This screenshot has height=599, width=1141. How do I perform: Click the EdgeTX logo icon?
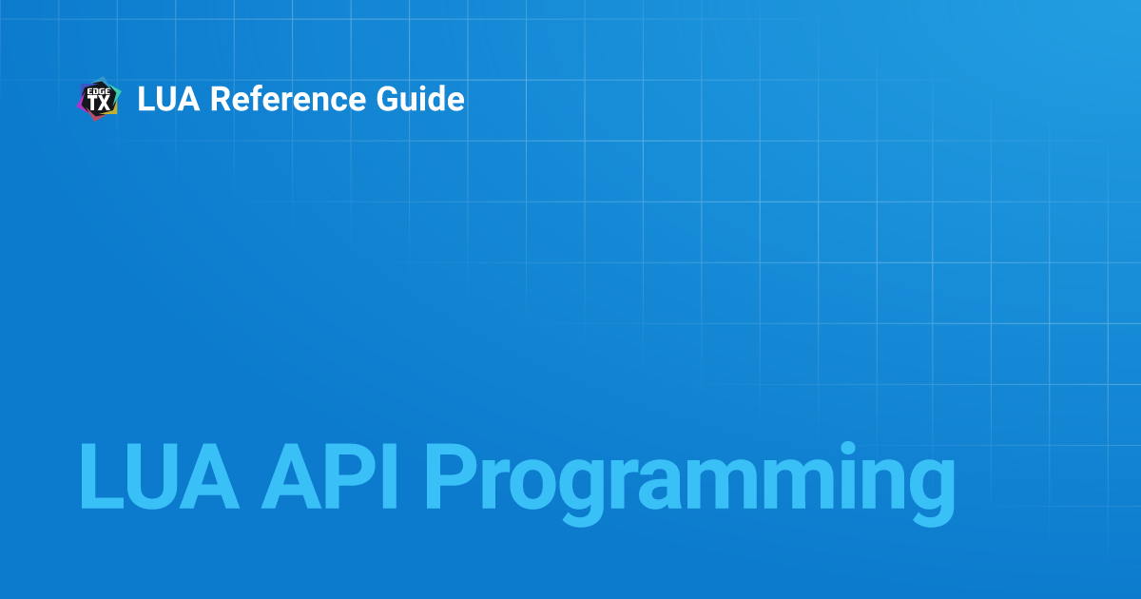pyautogui.click(x=99, y=99)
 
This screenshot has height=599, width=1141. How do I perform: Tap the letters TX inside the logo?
pyautogui.click(x=99, y=104)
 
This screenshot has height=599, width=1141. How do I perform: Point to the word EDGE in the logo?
pyautogui.click(x=99, y=91)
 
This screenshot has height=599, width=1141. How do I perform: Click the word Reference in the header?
pyautogui.click(x=288, y=98)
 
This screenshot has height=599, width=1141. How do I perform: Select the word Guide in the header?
pyautogui.click(x=420, y=98)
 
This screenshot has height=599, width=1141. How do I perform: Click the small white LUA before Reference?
pyautogui.click(x=168, y=99)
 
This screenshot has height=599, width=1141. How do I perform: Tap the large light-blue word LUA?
pyautogui.click(x=159, y=476)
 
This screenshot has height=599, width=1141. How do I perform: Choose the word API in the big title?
pyautogui.click(x=330, y=476)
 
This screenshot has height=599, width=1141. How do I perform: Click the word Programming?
pyautogui.click(x=690, y=484)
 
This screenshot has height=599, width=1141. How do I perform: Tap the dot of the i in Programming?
pyautogui.click(x=847, y=449)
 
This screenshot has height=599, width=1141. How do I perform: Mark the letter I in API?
pyautogui.click(x=391, y=476)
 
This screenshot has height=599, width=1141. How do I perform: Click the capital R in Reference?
pyautogui.click(x=222, y=99)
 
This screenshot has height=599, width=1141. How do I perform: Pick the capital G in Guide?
pyautogui.click(x=388, y=99)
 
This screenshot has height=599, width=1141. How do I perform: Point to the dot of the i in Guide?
pyautogui.click(x=431, y=87)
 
